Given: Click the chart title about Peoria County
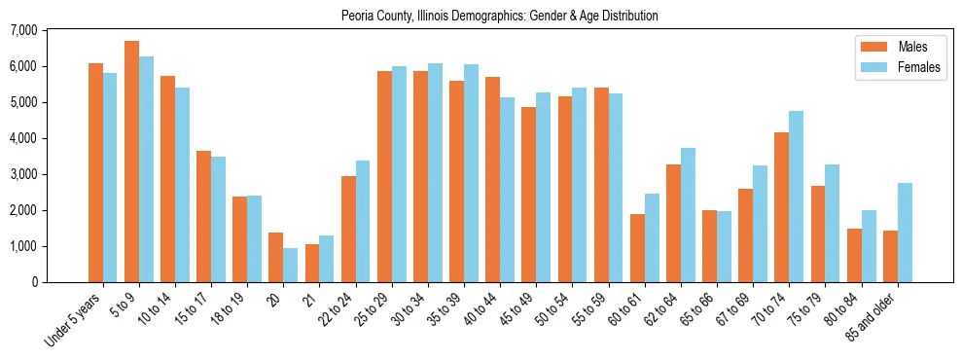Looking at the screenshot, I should pos(499,16).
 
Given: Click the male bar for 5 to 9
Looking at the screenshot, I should pos(131,162).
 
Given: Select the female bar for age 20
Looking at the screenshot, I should pos(291,265).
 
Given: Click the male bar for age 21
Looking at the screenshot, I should pos(312,263).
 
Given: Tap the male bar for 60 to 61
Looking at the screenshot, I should pos(637,248).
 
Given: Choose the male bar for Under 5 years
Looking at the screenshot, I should pos(95,172).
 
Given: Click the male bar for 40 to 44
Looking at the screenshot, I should pos(493,179).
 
